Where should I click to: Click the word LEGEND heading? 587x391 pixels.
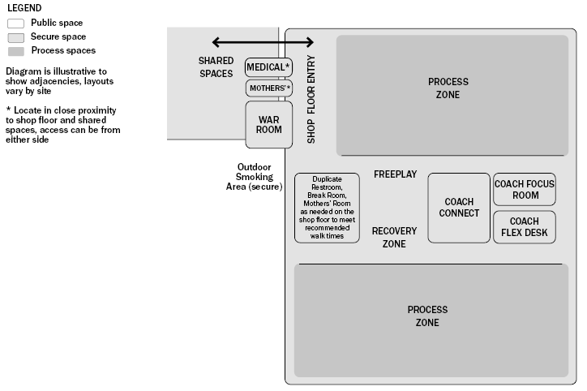point(24,7)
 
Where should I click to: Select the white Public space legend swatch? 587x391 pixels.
point(15,24)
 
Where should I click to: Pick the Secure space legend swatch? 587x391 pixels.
point(15,37)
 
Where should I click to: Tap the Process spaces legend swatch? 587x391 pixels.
point(15,51)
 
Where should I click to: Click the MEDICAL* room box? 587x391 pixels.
point(268,67)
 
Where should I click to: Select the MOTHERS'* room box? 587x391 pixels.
point(268,88)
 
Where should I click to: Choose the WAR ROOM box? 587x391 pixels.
point(268,124)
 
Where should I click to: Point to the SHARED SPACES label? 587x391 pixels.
point(216,67)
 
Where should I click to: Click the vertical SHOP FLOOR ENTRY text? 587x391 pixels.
point(311,99)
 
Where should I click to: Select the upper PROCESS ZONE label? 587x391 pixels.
point(448,88)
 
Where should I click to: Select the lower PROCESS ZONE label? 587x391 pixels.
point(427,316)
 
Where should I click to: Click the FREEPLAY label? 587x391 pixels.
point(395,174)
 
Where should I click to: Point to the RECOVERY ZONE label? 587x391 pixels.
point(394,237)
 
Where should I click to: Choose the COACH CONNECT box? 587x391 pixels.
point(458,208)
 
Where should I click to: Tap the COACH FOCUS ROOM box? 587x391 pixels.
point(525,190)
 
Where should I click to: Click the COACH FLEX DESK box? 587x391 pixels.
point(525,227)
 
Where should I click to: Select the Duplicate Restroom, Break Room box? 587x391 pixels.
point(327,208)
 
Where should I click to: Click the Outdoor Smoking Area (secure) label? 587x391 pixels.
point(254,177)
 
